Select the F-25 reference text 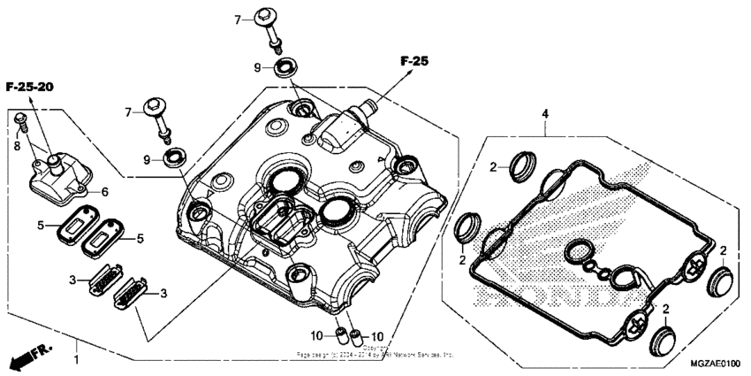(x=413, y=62)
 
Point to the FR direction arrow (x=26, y=357)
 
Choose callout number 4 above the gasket (x=545, y=113)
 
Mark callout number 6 (x=104, y=191)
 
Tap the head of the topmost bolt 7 (x=268, y=19)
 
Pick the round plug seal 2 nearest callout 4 (x=523, y=165)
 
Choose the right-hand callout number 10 (x=377, y=336)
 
